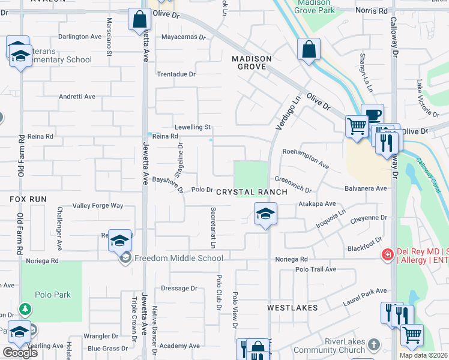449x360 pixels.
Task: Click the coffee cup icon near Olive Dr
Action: pyautogui.click(x=372, y=114)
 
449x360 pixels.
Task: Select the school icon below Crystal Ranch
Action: pyautogui.click(x=264, y=213)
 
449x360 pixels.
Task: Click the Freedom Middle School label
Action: pyautogui.click(x=178, y=259)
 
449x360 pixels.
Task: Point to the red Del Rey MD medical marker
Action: pyautogui.click(x=388, y=255)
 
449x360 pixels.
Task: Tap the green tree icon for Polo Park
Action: pyautogui.click(x=25, y=309)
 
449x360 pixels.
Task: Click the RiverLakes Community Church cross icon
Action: pyautogui.click(x=374, y=345)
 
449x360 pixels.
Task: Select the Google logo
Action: pyautogui.click(x=19, y=353)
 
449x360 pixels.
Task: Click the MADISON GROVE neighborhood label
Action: pyautogui.click(x=252, y=62)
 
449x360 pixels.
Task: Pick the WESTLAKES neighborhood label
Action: pyautogui.click(x=292, y=308)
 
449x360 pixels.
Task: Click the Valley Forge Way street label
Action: pyautogui.click(x=98, y=206)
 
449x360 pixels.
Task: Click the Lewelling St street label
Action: pyautogui.click(x=192, y=127)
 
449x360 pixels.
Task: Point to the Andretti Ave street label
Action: pyautogui.click(x=77, y=97)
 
